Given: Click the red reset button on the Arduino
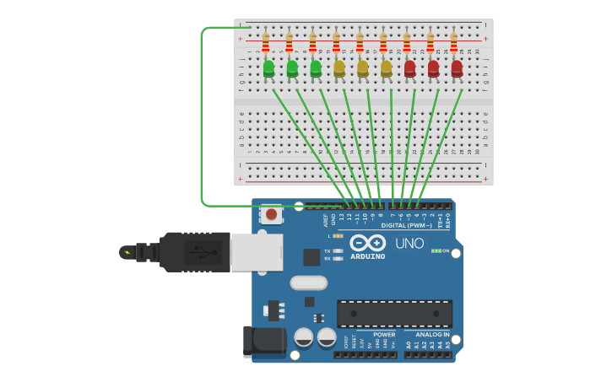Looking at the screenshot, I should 271,214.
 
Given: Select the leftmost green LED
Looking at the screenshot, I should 268,68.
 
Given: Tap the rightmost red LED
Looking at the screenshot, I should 457,68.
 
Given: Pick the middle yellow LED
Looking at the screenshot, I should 363,68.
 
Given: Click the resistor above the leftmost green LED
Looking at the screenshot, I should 266,42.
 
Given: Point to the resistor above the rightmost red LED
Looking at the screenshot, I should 454,42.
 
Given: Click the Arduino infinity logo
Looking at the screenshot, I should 368,244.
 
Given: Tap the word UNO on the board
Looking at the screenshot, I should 409,244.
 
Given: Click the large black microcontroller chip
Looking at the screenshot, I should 394,313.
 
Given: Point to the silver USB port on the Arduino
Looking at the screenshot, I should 257,252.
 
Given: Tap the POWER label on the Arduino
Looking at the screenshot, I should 384,335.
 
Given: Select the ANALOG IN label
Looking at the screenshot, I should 432,335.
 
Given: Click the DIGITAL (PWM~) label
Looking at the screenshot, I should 406,225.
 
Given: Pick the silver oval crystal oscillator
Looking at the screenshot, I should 308,282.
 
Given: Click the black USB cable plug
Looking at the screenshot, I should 195,251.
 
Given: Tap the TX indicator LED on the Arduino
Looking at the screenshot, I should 338,250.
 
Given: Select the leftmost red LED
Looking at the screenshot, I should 410,68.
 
